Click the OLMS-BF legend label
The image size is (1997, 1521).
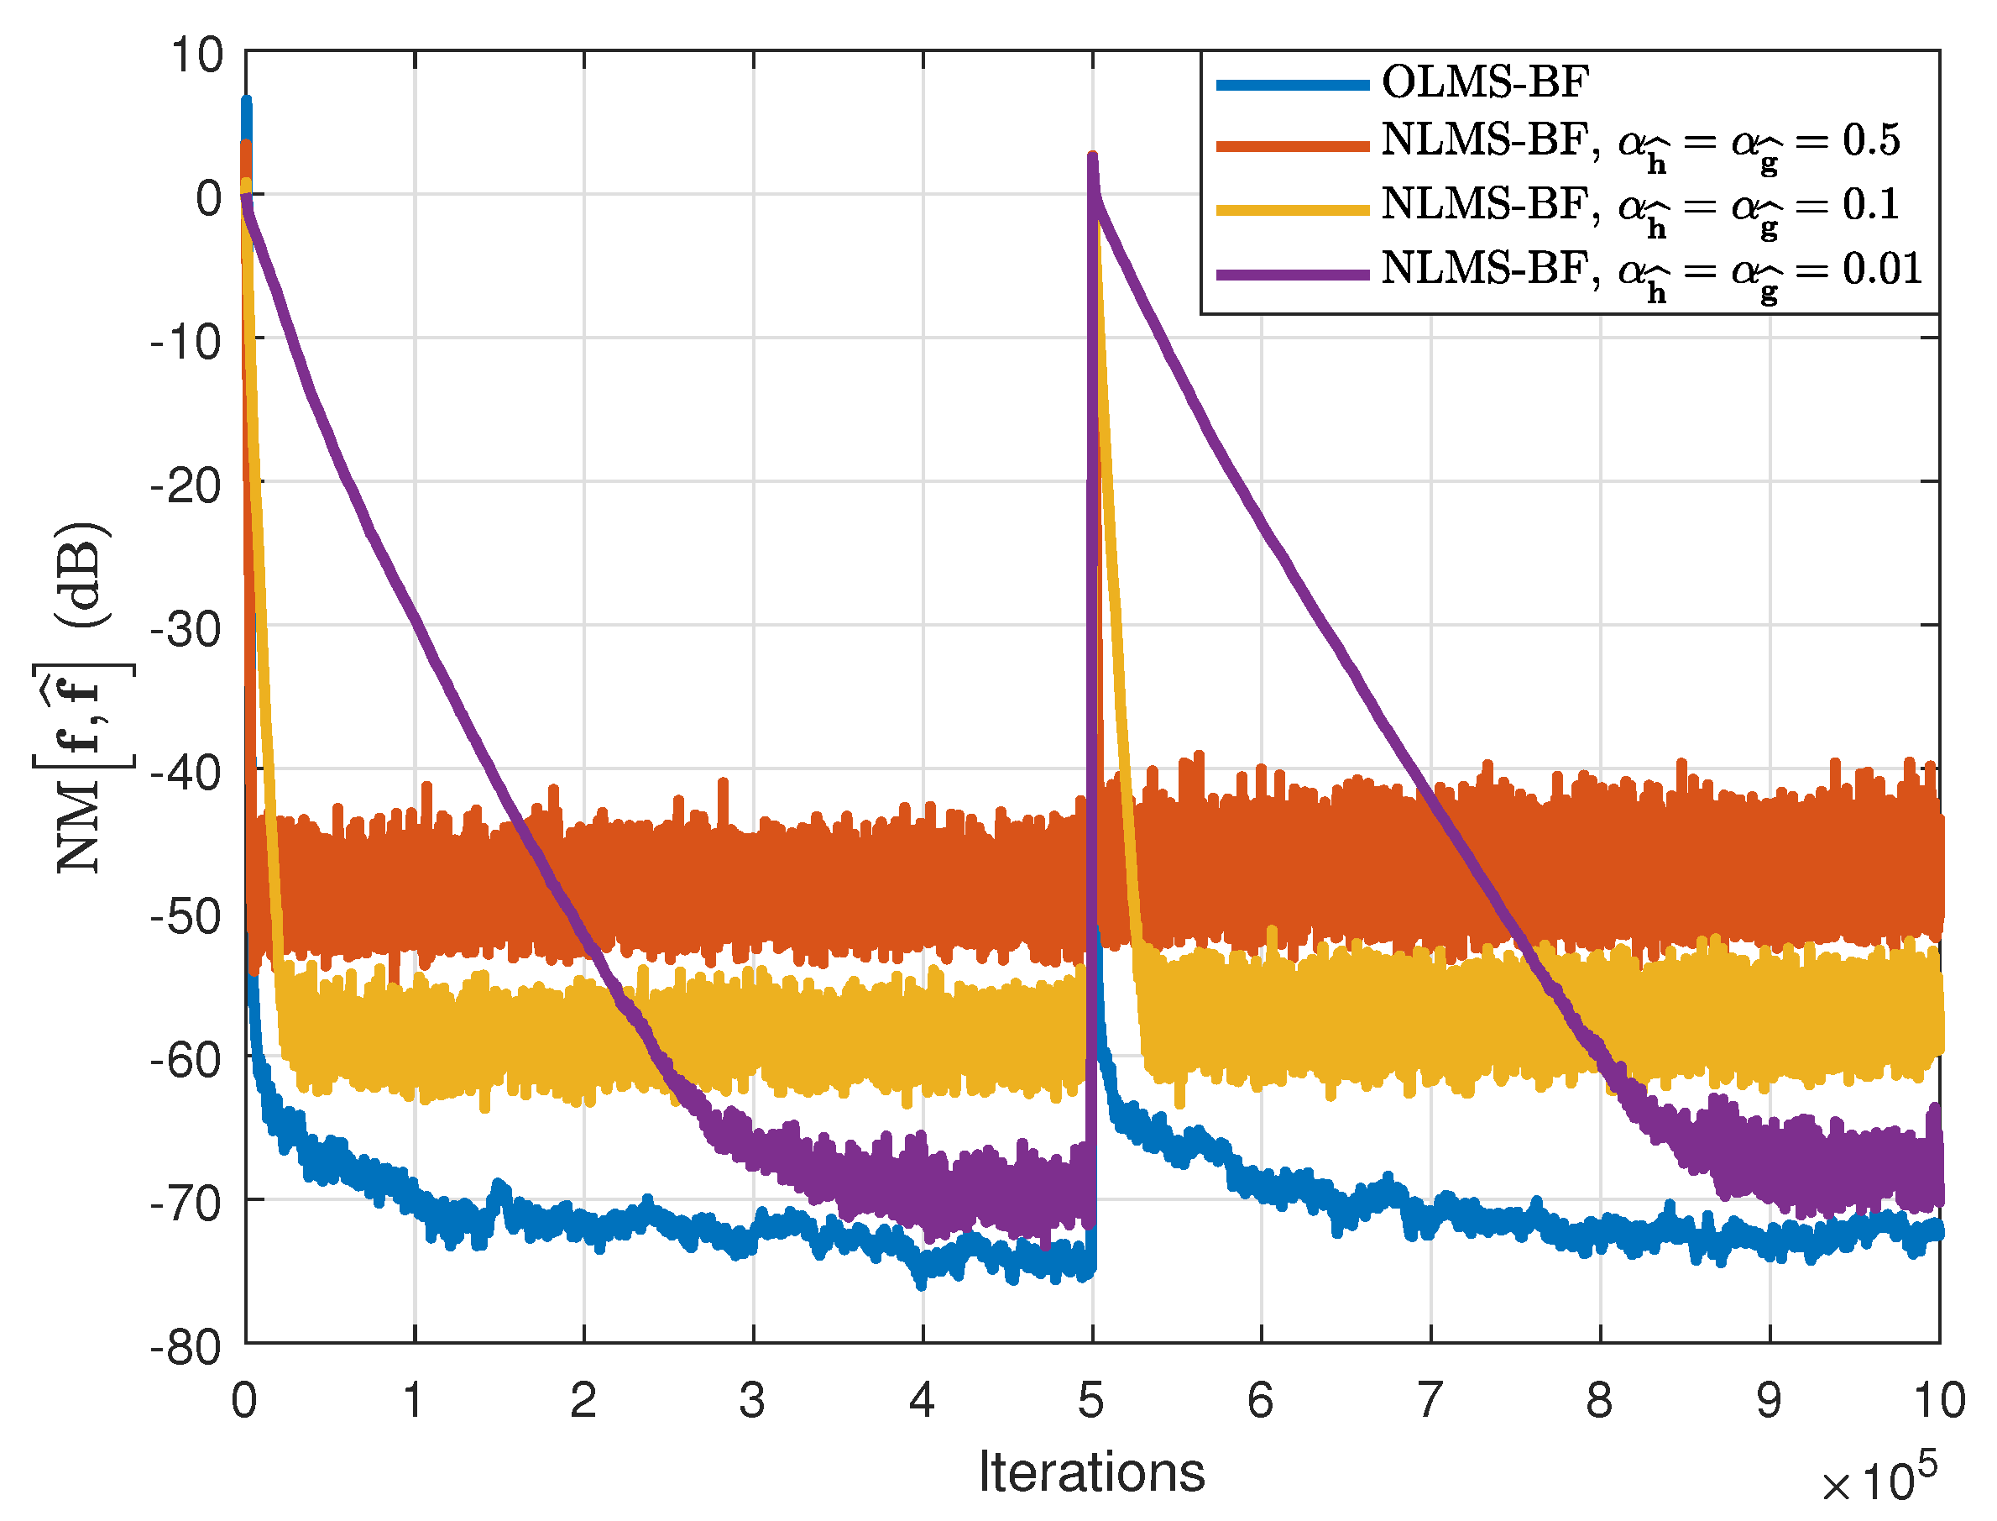click(1485, 83)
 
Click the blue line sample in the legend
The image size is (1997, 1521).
click(1292, 85)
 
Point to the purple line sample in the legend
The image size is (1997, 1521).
click(1292, 275)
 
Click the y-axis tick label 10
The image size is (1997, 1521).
click(196, 56)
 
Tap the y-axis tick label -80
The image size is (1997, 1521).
click(186, 1349)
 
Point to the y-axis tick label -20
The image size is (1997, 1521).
click(186, 487)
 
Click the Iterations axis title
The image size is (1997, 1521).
click(1091, 1472)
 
